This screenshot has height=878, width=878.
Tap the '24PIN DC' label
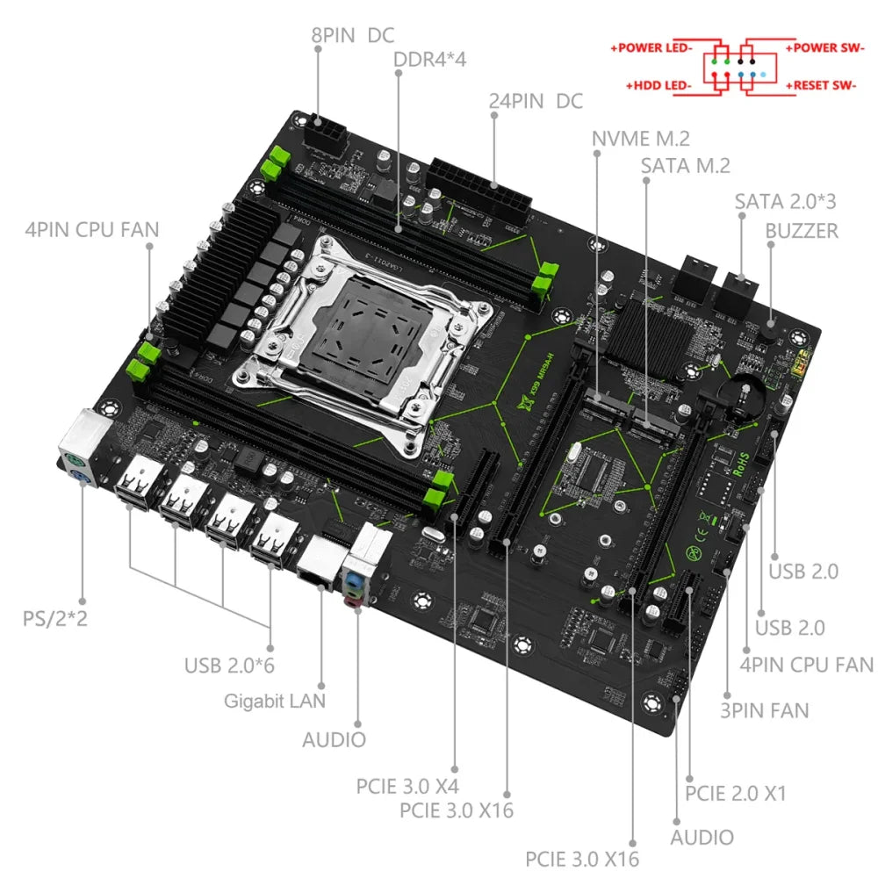click(x=535, y=100)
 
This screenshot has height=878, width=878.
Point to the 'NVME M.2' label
click(x=640, y=138)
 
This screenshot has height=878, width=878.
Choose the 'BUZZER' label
click(x=802, y=230)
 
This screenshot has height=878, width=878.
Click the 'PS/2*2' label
click(x=55, y=618)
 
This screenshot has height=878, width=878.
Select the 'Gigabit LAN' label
click(x=274, y=700)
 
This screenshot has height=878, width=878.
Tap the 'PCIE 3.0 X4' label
click(x=407, y=785)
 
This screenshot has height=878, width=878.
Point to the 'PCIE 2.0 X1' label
click(x=735, y=793)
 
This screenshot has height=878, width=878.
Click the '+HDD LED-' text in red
click(x=658, y=85)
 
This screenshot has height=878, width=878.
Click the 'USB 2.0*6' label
click(x=229, y=665)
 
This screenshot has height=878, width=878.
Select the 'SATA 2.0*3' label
click(x=785, y=200)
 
